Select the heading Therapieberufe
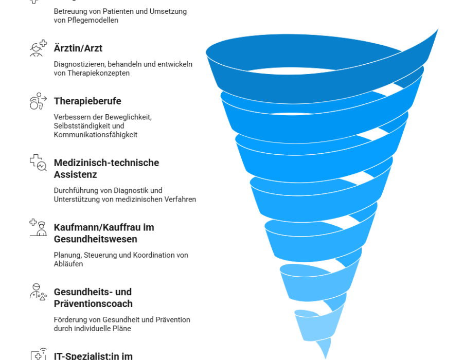[x=87, y=101]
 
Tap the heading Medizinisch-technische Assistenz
[x=106, y=169]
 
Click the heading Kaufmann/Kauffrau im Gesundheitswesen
[x=104, y=233]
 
